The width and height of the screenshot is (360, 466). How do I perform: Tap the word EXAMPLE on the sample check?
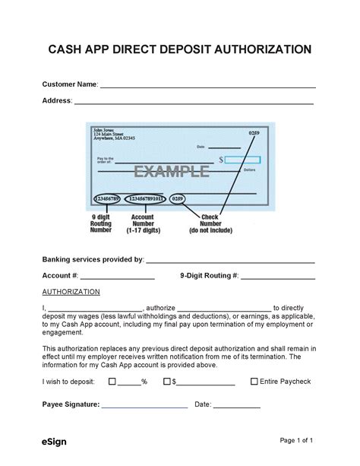tap(172, 172)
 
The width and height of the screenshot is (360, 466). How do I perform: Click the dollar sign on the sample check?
tap(221, 160)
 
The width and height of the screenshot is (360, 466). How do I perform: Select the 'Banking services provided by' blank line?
tap(230, 262)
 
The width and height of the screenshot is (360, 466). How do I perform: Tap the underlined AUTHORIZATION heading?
tap(71, 291)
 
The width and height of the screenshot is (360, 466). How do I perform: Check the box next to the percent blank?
tap(112, 382)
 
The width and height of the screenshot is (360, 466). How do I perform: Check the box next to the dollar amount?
tap(166, 382)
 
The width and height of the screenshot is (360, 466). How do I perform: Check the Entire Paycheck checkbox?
tap(254, 382)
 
